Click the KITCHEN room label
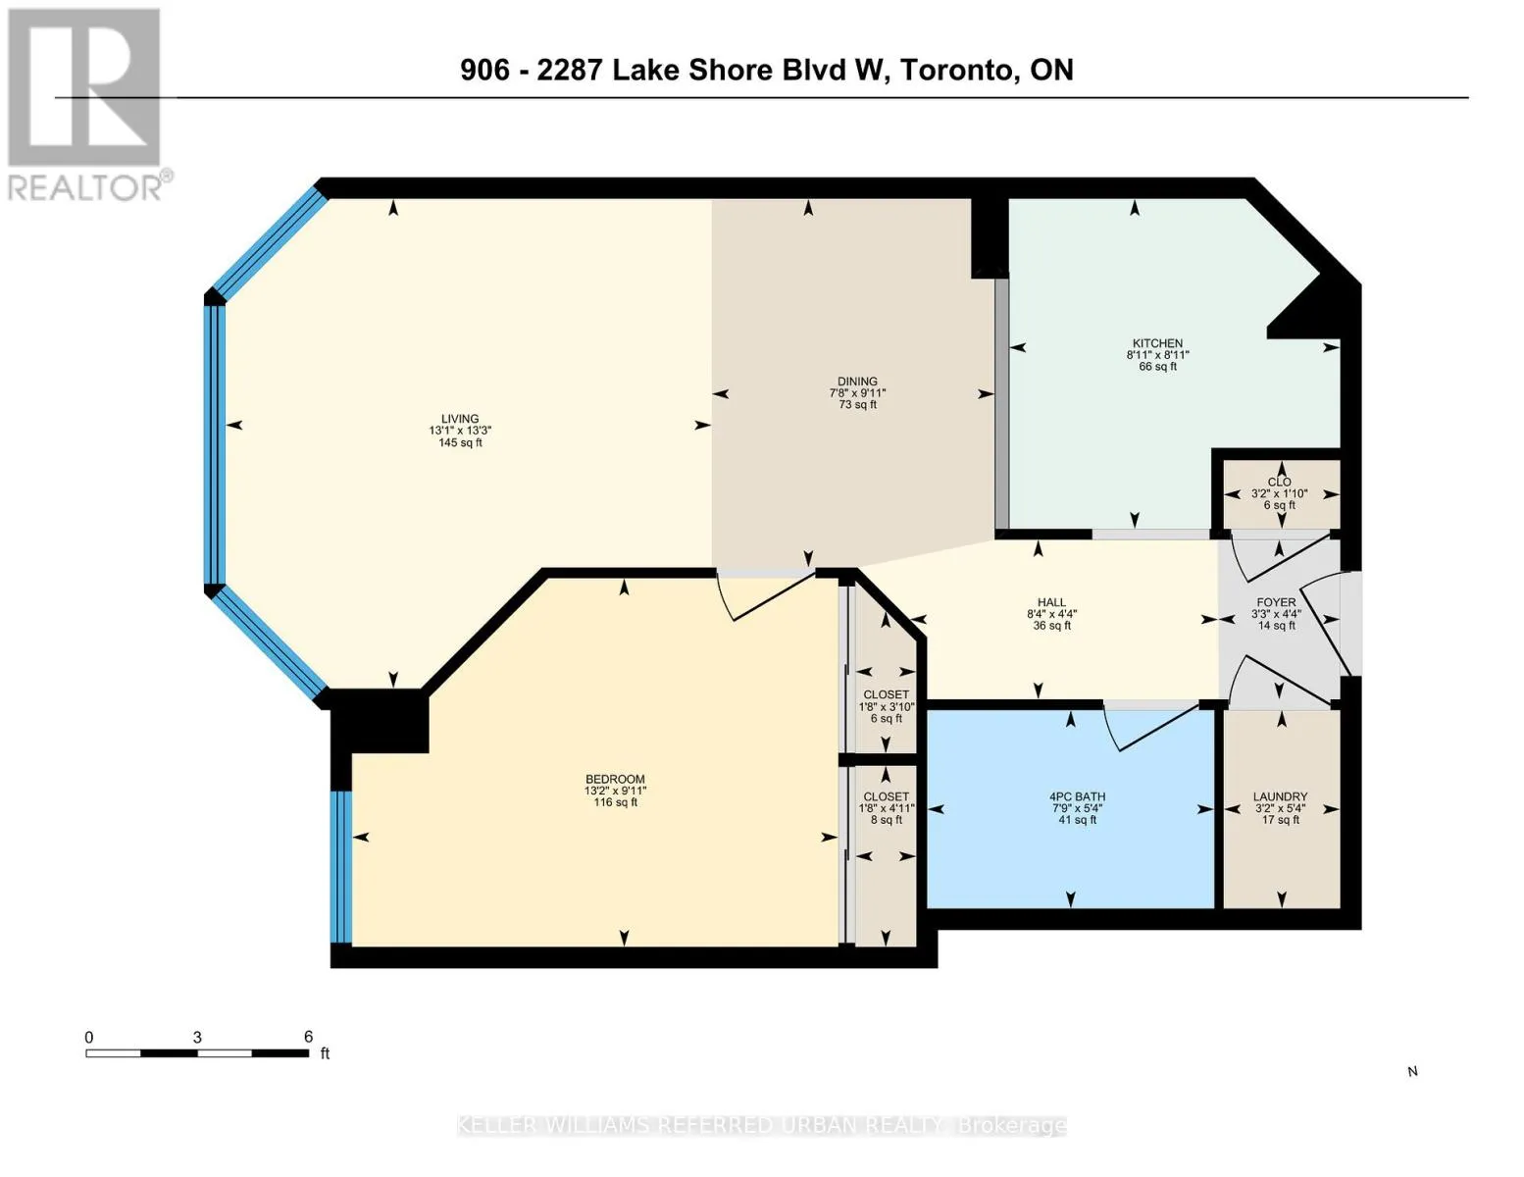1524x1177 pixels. [x=1157, y=343]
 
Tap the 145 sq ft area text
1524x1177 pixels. [x=460, y=442]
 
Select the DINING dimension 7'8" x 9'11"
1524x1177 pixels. [x=857, y=392]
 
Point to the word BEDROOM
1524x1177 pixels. [x=615, y=780]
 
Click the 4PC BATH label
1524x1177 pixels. [x=1077, y=796]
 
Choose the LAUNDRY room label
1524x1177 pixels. [x=1280, y=796]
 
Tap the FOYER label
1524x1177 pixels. [x=1276, y=602]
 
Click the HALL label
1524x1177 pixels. [x=1051, y=602]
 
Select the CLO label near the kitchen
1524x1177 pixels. [x=1279, y=482]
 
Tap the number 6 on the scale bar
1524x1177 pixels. [x=308, y=1037]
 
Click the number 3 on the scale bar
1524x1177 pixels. [x=197, y=1038]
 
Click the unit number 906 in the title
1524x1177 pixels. [x=484, y=71]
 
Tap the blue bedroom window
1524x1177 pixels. [x=341, y=867]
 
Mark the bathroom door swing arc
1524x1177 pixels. [x=1151, y=732]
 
